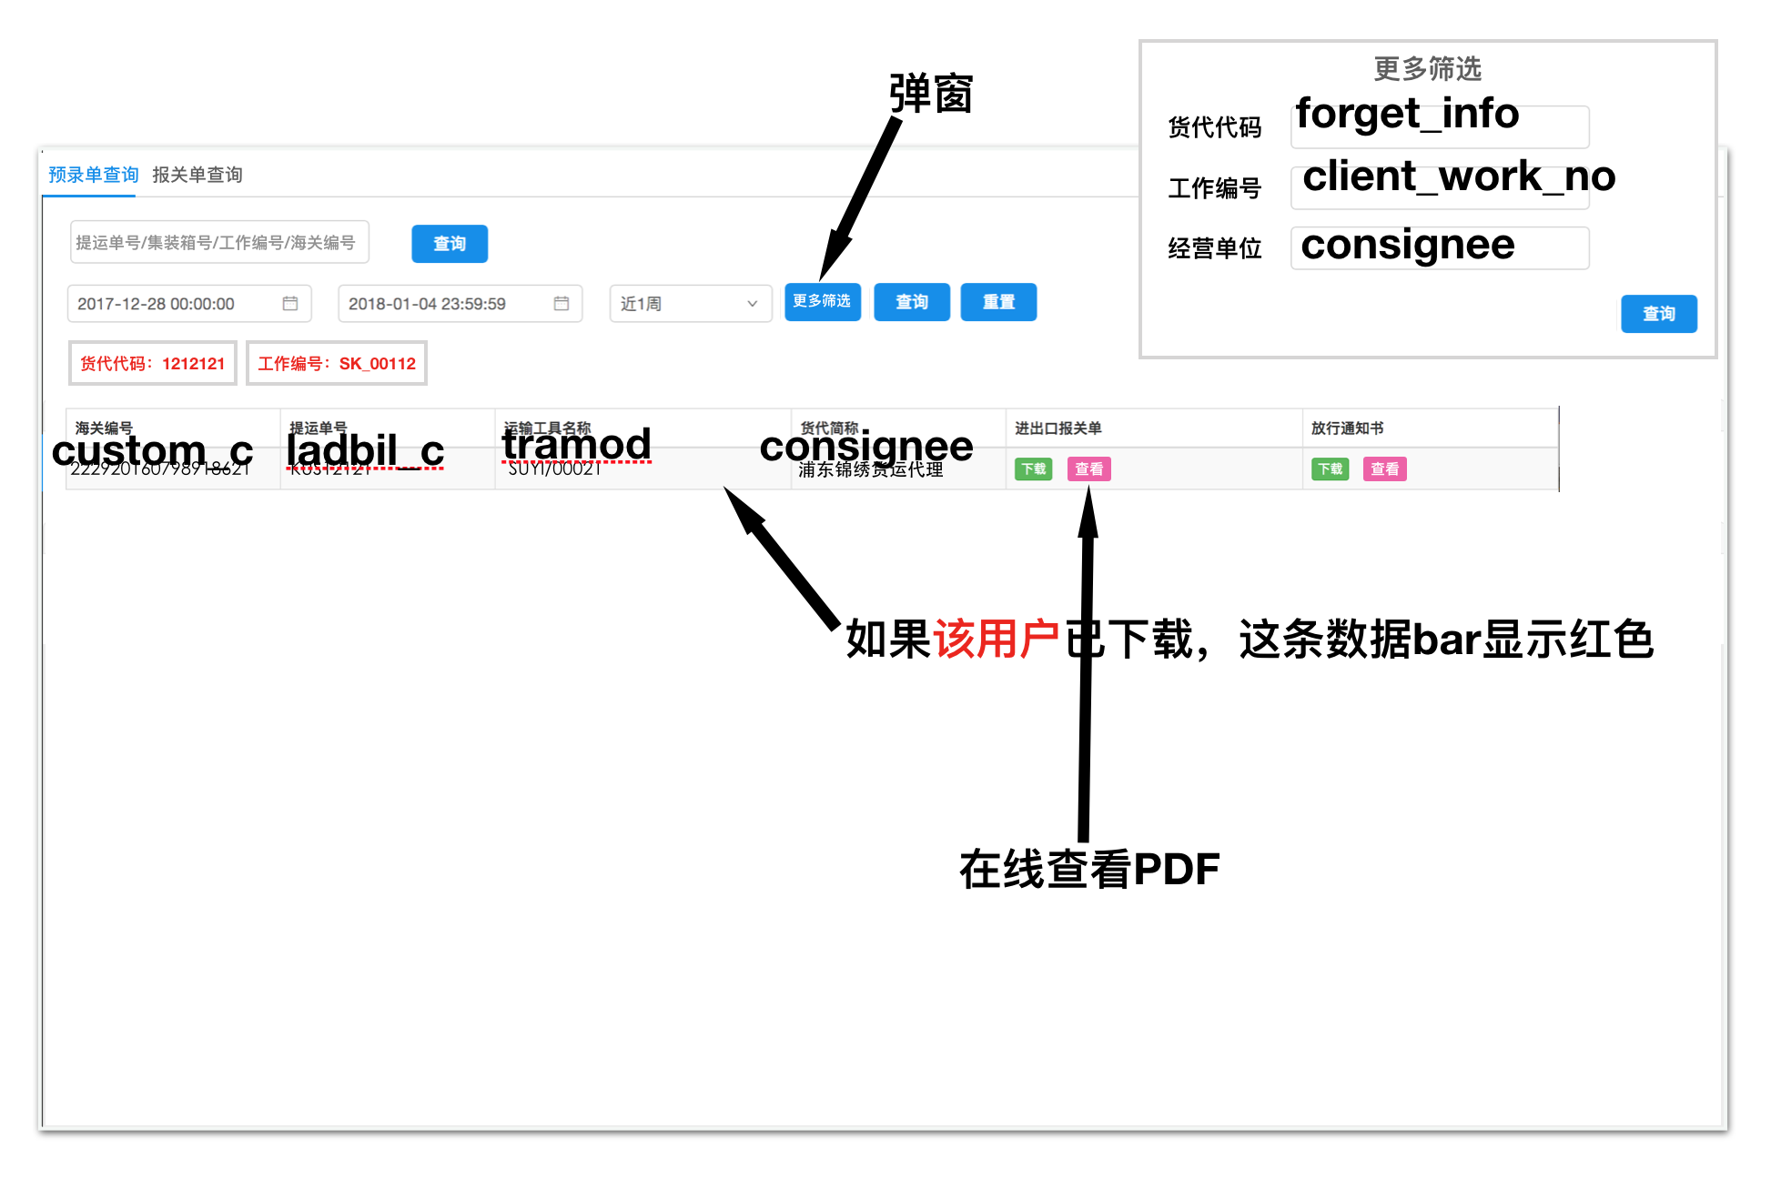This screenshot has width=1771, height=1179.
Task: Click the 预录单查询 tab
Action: [93, 175]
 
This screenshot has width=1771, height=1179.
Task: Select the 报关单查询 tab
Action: [197, 175]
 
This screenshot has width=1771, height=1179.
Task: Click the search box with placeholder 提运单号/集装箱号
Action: [218, 242]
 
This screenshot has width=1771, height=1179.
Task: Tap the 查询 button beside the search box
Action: [449, 244]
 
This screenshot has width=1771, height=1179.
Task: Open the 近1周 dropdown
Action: [689, 304]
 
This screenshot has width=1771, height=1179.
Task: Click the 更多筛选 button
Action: [822, 302]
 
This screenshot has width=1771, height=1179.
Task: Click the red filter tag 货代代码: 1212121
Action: [152, 364]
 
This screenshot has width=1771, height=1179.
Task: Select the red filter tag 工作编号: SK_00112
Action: [336, 364]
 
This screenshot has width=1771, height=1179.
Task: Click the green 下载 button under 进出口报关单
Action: [1033, 469]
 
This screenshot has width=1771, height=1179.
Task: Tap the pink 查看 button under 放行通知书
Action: [1384, 469]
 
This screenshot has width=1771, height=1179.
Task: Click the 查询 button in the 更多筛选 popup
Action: [1658, 314]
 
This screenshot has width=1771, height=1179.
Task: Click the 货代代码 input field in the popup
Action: [1439, 126]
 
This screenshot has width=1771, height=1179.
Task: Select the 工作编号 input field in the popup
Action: [1439, 187]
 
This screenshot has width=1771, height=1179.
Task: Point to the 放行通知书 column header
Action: [1347, 428]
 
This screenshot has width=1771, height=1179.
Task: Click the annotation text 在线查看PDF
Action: [1088, 870]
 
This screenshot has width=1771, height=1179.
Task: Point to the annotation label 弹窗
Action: [930, 95]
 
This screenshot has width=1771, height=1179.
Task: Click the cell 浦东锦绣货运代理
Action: [871, 470]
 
